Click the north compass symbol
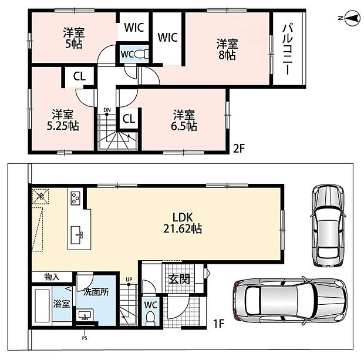tap(353, 18)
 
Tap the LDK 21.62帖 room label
tap(183, 223)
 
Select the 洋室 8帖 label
tap(227, 49)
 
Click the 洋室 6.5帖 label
tap(184, 120)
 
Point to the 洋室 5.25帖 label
tap(63, 120)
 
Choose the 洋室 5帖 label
tap(74, 38)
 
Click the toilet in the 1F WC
tap(150, 318)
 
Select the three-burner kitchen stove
tap(76, 198)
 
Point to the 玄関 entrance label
tap(179, 279)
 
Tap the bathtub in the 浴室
tap(42, 305)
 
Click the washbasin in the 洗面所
tap(85, 315)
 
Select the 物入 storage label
tap(52, 277)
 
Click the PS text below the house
tap(85, 338)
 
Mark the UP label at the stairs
tap(129, 279)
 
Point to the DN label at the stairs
tap(107, 110)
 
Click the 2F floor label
tap(239, 149)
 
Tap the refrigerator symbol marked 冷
tap(41, 197)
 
